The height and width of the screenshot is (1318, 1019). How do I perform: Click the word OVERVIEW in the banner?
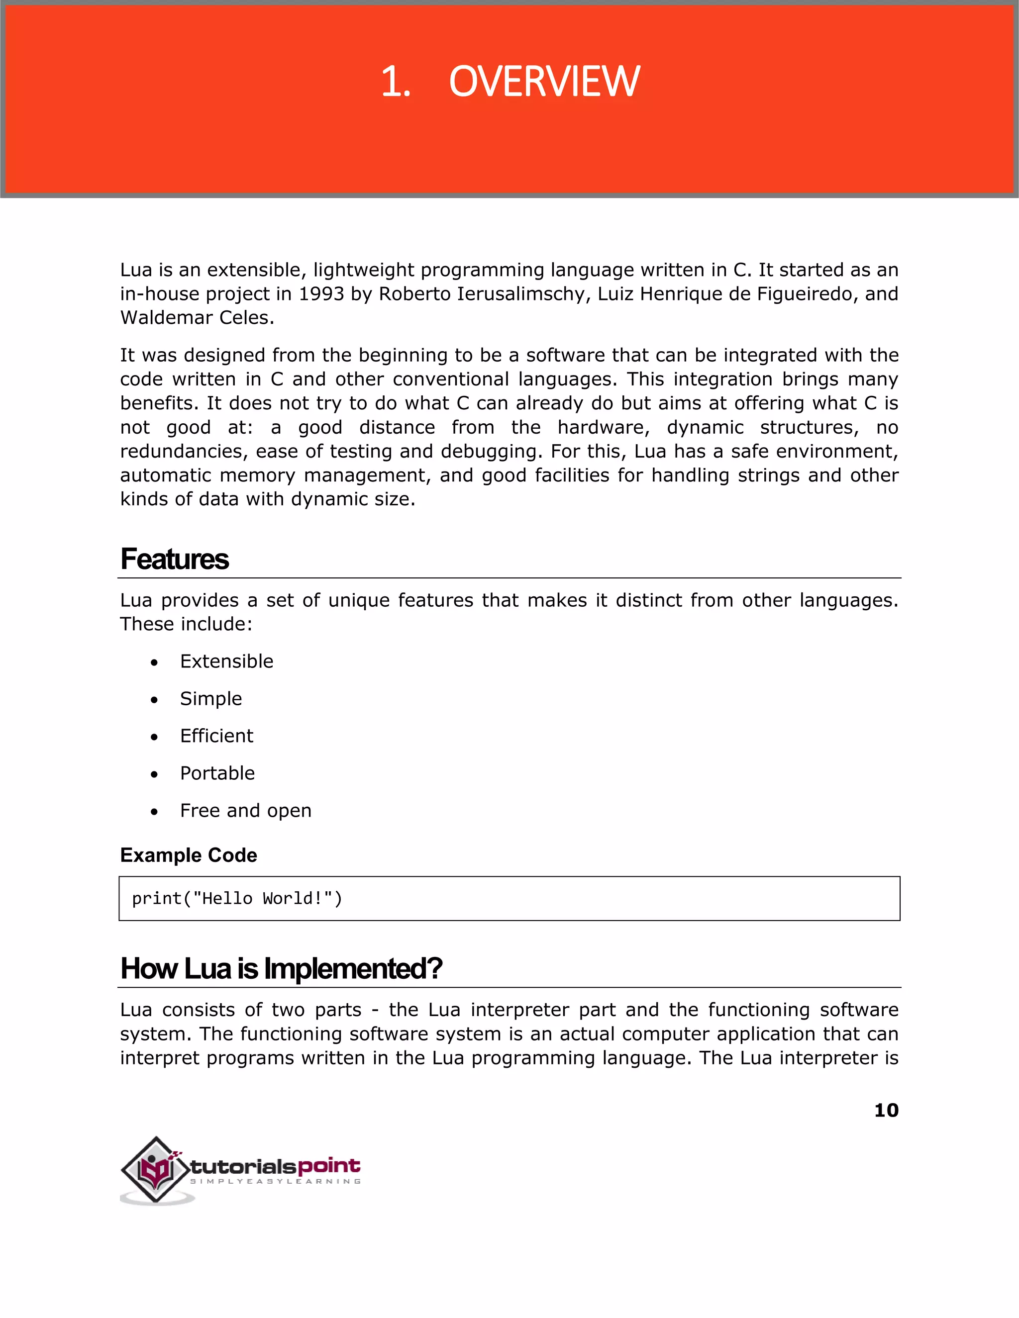(x=544, y=82)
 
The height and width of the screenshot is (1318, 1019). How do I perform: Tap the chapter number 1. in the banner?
(x=396, y=82)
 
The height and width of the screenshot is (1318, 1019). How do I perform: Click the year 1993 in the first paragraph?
(x=322, y=294)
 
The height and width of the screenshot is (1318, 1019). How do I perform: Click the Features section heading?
(x=175, y=559)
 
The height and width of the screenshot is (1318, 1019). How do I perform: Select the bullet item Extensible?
(x=226, y=661)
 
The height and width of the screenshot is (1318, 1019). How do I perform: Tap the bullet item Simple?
(x=210, y=699)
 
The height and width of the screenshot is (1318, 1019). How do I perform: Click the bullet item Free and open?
(x=246, y=811)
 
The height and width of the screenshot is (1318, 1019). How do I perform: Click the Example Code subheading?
(x=189, y=855)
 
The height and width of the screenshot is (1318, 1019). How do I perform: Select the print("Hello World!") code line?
(x=237, y=899)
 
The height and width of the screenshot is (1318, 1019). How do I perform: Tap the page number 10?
(x=886, y=1111)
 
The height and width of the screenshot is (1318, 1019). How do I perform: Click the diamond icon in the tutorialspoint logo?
(x=156, y=1170)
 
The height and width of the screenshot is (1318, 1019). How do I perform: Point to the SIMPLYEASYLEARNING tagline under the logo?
(x=275, y=1182)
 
